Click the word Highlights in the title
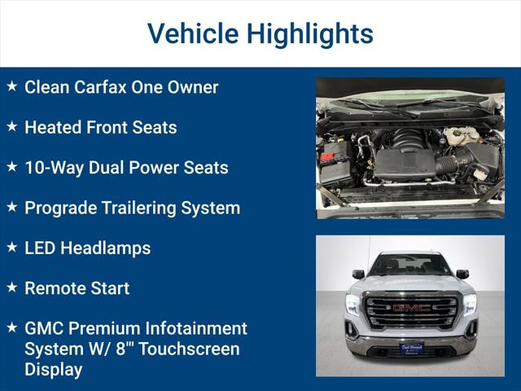[x=309, y=33]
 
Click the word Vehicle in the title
[x=192, y=33]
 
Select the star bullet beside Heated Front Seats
[x=11, y=126]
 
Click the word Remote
[x=55, y=288]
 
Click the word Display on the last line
[x=53, y=369]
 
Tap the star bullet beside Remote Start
[x=11, y=288]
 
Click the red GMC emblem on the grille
[x=410, y=308]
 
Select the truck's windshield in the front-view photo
[x=410, y=265]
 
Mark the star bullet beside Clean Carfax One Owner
[x=11, y=86]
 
